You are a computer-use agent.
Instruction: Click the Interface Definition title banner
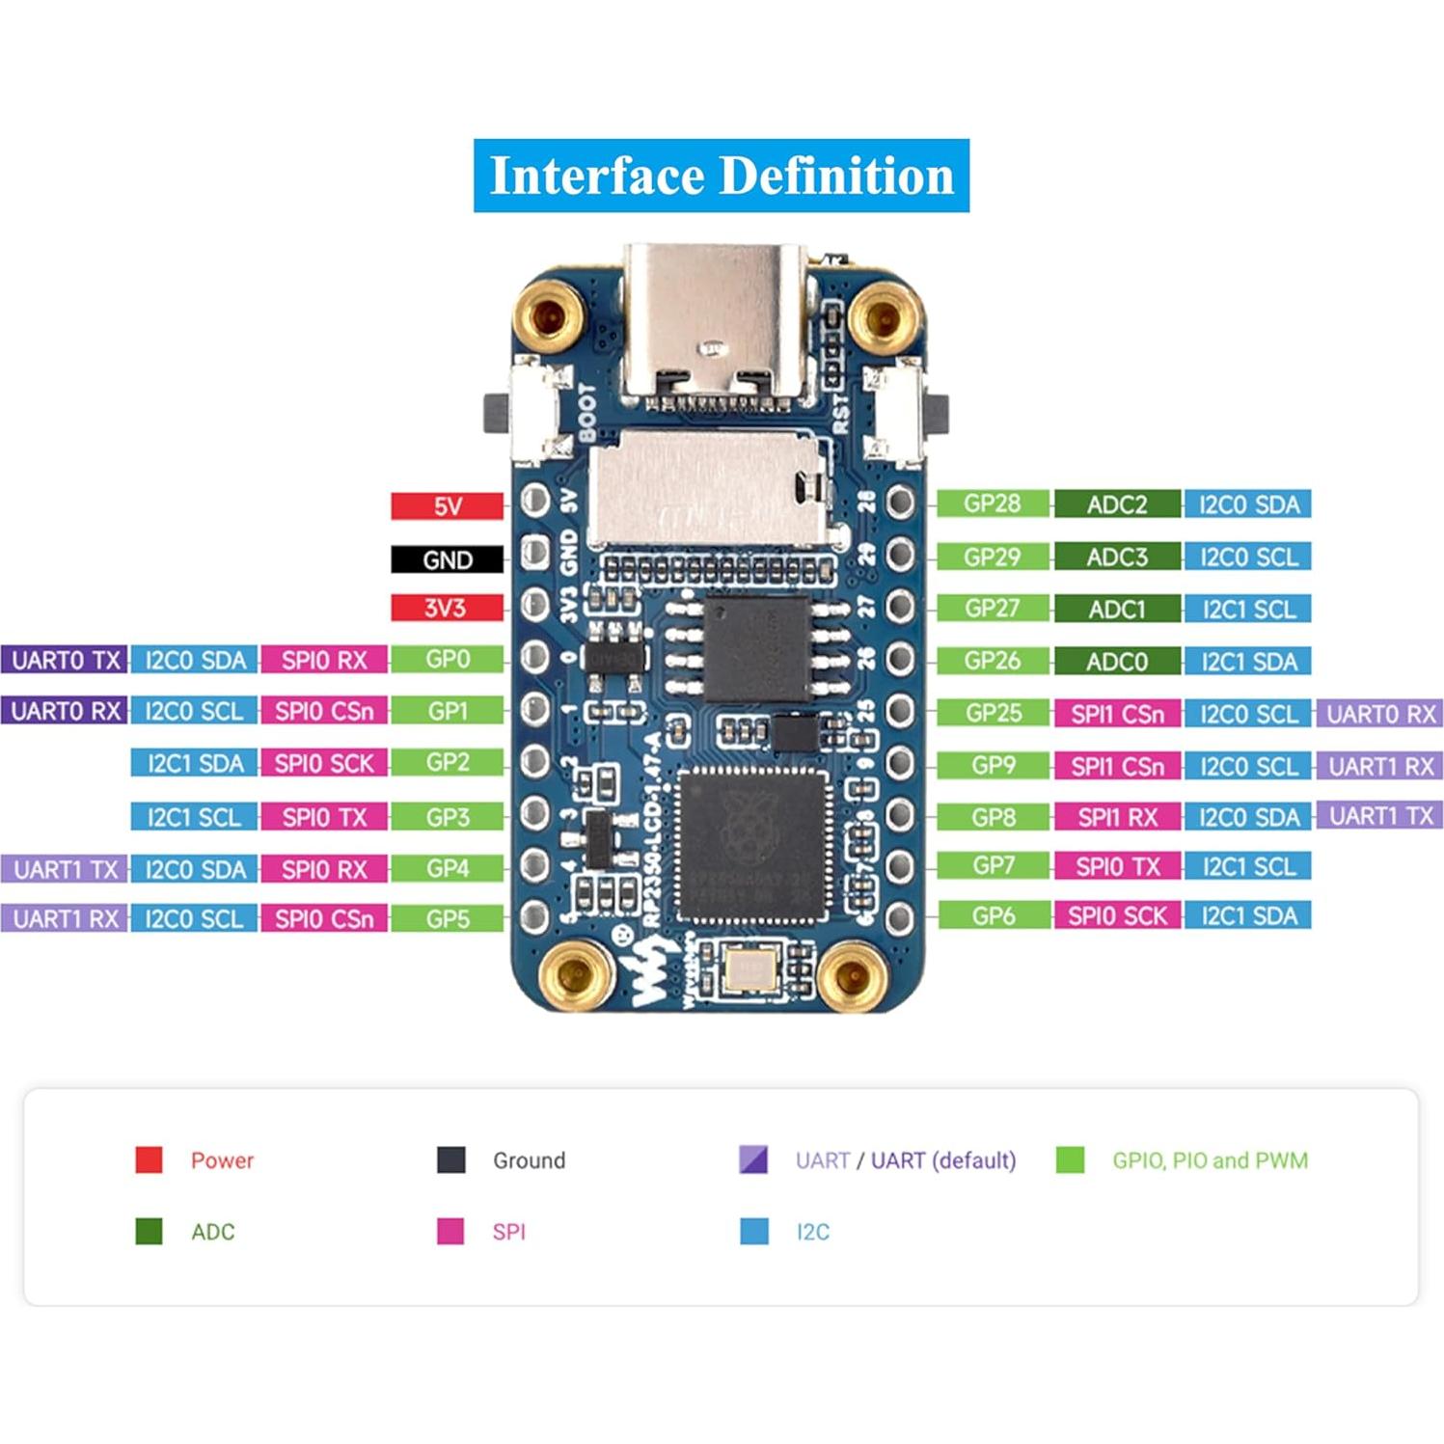click(721, 176)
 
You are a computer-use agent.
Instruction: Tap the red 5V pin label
click(447, 506)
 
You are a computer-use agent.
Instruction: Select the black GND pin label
click(447, 559)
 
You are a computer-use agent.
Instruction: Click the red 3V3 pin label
click(447, 608)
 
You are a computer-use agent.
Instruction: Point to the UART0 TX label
click(65, 660)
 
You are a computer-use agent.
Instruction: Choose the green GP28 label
click(992, 503)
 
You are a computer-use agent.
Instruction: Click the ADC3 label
click(1116, 557)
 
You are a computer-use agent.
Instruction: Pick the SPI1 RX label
click(1116, 817)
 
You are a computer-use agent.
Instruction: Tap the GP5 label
click(447, 918)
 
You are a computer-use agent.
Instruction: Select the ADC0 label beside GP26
click(1116, 662)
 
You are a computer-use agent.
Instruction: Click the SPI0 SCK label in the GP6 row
click(1116, 915)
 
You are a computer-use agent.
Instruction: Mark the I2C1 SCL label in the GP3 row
click(194, 817)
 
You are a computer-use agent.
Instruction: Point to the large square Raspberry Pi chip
click(753, 846)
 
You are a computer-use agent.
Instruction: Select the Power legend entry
click(221, 1159)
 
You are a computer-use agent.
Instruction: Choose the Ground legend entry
click(528, 1159)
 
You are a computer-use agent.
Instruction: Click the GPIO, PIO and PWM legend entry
click(1209, 1159)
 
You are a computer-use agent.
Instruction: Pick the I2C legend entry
click(811, 1232)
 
